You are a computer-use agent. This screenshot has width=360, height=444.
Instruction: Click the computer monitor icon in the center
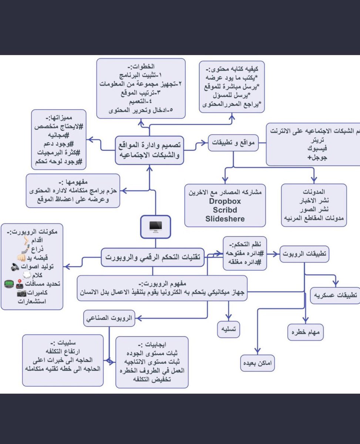pyautogui.click(x=155, y=226)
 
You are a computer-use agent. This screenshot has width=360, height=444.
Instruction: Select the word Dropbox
pyautogui.click(x=225, y=201)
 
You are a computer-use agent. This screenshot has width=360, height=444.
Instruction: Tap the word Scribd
pyautogui.click(x=225, y=210)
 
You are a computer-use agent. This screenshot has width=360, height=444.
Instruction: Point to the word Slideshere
pyautogui.click(x=225, y=219)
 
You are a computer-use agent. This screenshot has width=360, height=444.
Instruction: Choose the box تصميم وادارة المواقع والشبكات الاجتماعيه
pyautogui.click(x=150, y=150)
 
